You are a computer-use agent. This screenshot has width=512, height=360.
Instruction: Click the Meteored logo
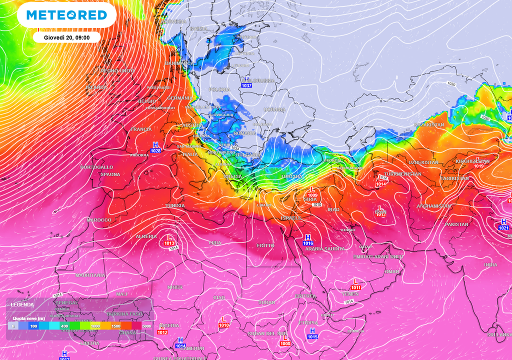tap(66, 15)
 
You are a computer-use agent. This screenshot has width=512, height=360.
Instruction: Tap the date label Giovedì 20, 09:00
tap(66, 37)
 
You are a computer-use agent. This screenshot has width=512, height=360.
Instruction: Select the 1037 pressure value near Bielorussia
tap(246, 86)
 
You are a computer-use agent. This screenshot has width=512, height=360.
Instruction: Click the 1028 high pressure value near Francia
tap(156, 150)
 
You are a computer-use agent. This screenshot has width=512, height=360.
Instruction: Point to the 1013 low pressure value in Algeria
tap(169, 243)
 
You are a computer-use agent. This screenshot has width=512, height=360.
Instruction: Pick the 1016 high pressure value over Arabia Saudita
tap(308, 243)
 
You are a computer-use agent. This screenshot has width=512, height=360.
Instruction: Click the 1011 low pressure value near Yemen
tap(355, 287)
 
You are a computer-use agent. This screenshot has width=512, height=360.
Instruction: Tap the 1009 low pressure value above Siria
tap(313, 195)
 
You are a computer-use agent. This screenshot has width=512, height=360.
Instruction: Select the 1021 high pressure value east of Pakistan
tap(503, 228)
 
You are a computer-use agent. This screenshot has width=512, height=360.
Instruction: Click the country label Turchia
tap(291, 176)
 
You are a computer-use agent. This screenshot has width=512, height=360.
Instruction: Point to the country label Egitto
tap(265, 245)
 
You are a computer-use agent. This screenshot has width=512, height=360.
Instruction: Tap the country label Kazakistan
tap(429, 124)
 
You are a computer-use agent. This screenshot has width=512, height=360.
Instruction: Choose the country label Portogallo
tap(96, 167)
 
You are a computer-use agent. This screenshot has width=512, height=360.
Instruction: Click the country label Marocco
tap(99, 220)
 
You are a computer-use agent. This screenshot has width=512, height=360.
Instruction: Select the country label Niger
tap(175, 287)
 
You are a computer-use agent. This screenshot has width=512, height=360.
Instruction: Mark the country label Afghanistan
tap(433, 206)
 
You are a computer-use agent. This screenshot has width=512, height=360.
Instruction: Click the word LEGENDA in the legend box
tap(22, 304)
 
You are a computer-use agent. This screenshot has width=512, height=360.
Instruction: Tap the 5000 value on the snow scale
tap(146, 326)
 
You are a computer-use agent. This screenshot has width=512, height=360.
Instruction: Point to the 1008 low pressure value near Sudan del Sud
tap(285, 343)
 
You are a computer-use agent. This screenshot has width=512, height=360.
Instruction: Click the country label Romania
tap(245, 133)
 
